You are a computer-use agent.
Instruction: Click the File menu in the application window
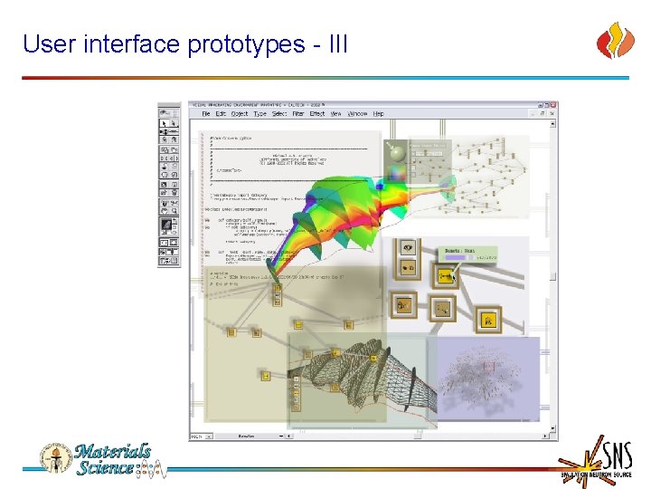(x=206, y=114)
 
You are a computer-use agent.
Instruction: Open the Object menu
(x=240, y=114)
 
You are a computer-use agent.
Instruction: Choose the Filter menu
(x=297, y=114)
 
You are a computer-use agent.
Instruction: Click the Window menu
(x=358, y=114)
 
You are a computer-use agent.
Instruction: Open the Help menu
(x=379, y=114)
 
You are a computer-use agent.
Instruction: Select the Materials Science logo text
(x=112, y=459)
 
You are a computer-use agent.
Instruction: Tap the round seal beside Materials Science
(x=53, y=457)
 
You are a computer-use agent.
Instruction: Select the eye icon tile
(x=407, y=246)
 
